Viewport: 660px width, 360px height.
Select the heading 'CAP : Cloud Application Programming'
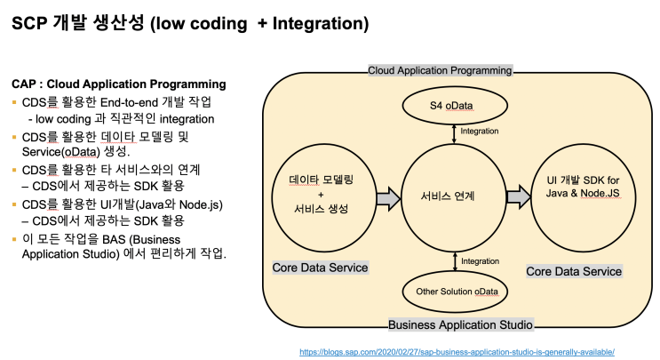pos(118,84)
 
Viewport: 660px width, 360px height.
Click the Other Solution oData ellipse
pos(454,291)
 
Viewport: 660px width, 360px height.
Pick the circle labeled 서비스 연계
pos(455,196)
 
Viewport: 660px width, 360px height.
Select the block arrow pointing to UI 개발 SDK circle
pos(517,197)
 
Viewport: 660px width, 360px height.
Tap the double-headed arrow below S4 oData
pos(455,132)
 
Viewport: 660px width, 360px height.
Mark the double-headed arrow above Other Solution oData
pos(455,262)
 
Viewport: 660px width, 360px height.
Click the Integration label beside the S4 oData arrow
pos(480,132)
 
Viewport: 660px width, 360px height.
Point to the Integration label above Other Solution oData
pos(480,261)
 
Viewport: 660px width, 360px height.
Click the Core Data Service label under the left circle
pos(321,268)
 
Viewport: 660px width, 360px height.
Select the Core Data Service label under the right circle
pos(574,271)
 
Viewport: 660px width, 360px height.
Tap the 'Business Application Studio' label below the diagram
pos(461,324)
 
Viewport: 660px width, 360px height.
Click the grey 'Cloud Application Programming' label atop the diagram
pos(441,70)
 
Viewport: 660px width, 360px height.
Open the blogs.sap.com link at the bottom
pos(457,351)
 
